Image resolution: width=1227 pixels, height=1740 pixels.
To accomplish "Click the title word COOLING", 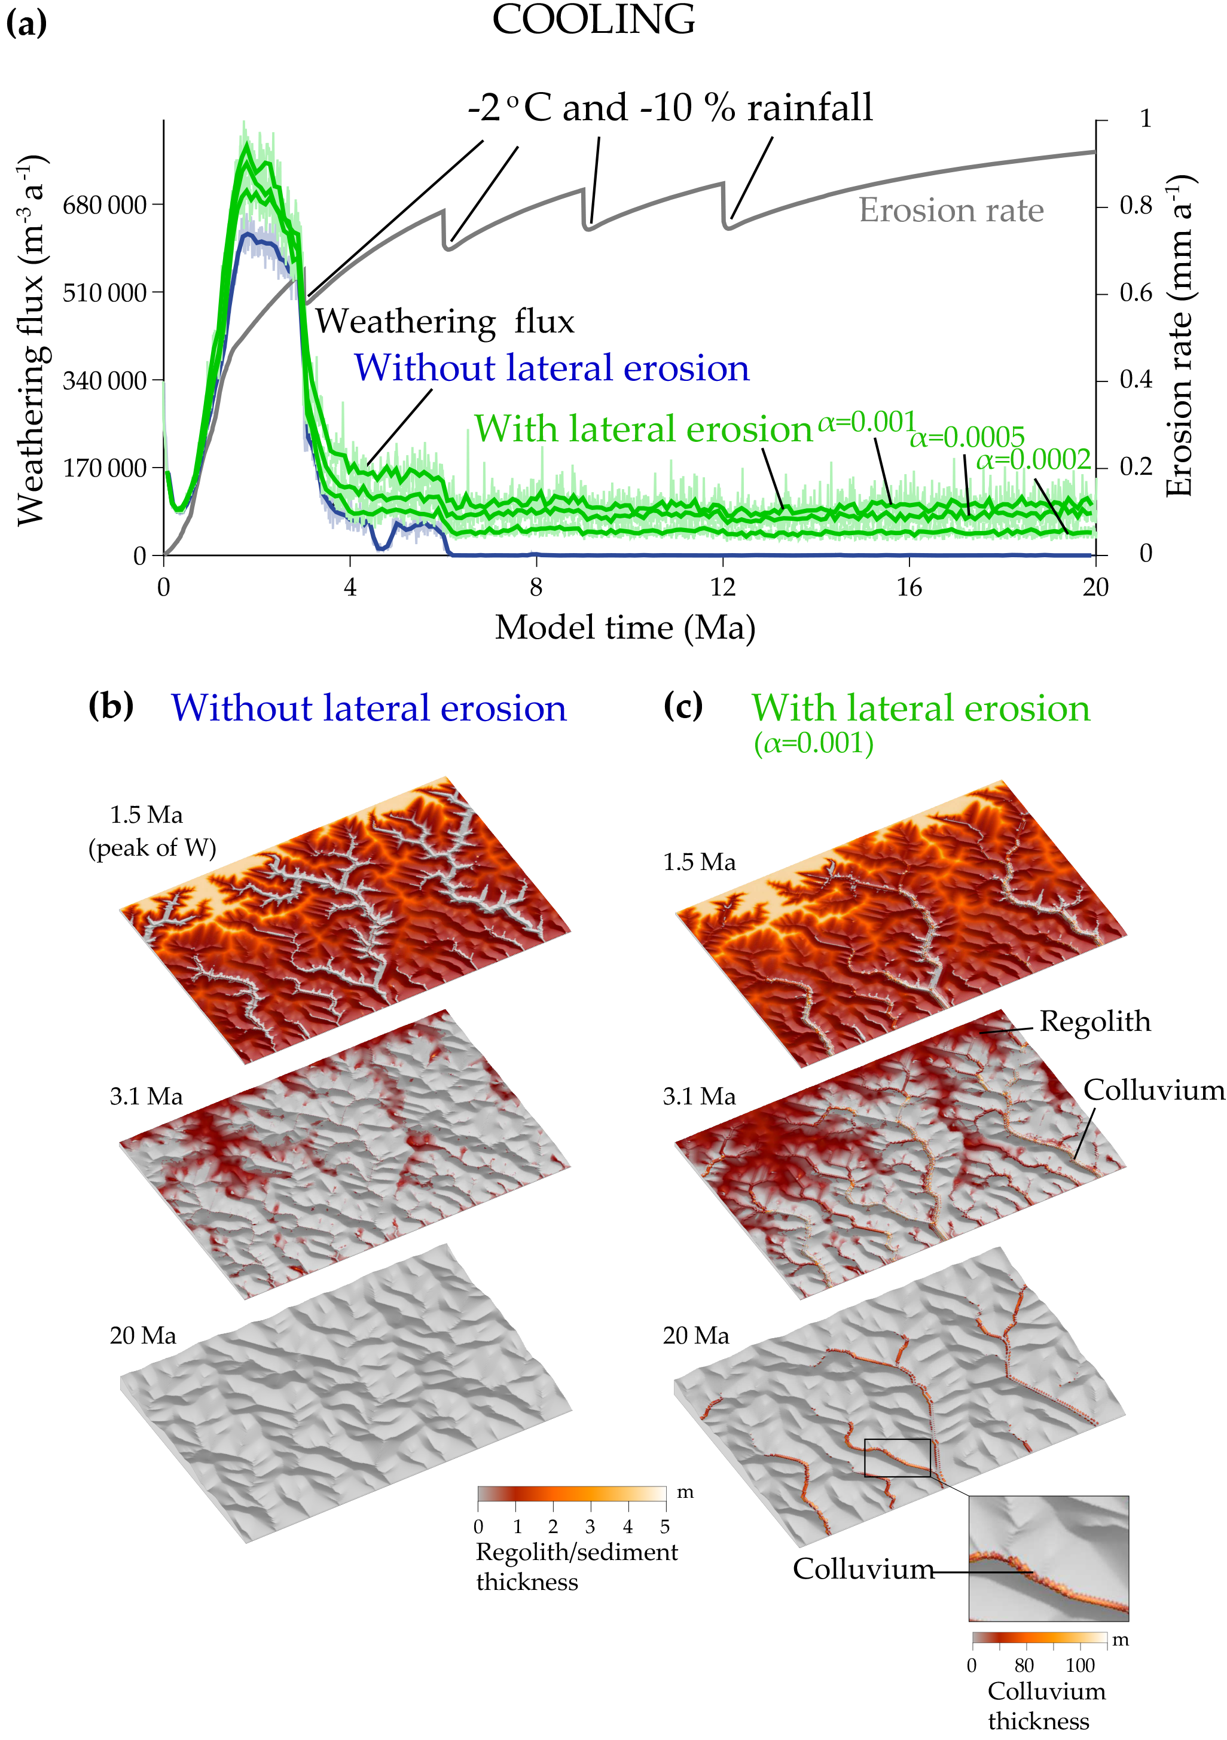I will point(593,20).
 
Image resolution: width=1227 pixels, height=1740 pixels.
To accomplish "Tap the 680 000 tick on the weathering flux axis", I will point(105,205).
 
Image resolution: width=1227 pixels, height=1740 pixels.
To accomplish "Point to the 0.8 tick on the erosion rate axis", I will point(1136,205).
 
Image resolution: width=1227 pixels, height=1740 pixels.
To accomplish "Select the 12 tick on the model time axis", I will point(723,587).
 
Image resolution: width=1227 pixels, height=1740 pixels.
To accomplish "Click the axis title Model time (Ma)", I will point(625,628).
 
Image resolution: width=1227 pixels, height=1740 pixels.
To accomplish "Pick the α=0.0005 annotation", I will point(967,437).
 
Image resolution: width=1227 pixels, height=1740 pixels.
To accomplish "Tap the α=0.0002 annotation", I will point(1033,460).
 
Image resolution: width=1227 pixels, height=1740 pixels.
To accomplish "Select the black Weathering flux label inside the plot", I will point(445,321).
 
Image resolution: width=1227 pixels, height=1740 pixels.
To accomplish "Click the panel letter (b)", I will point(111,706).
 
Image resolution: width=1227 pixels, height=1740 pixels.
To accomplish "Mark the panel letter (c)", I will point(683,706).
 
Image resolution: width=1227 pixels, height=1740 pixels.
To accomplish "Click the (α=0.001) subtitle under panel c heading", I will point(813,743).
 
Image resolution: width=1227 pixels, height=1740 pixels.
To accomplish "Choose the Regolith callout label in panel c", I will point(1094,1021).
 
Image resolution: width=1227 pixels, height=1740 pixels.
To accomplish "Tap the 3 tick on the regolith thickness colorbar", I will point(590,1527).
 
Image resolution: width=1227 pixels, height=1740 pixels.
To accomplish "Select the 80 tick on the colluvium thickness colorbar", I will point(1024,1666).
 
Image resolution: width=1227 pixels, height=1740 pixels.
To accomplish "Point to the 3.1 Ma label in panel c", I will point(699,1097).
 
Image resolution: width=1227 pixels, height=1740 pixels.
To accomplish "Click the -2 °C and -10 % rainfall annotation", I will point(670,108).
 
